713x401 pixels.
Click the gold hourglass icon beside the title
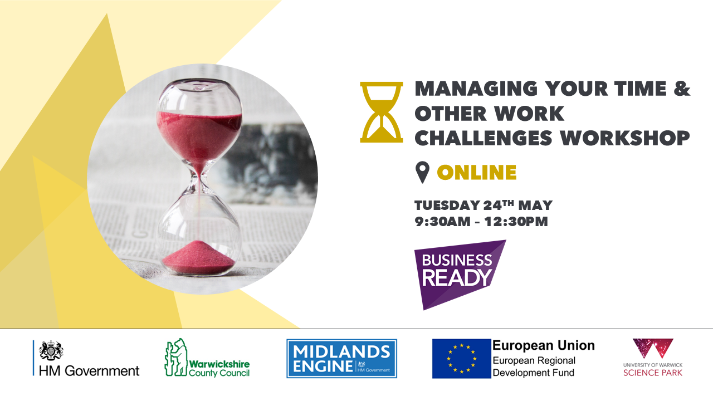point(382,112)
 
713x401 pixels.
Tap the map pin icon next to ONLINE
point(422,172)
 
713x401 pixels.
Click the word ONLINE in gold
point(476,173)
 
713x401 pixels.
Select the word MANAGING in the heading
point(476,89)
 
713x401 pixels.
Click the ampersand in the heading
point(681,88)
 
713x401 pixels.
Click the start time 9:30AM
point(442,222)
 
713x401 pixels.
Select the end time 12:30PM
point(516,222)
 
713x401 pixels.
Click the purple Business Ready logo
point(460,275)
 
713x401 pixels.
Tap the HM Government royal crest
point(51,350)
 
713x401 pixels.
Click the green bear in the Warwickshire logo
point(176,357)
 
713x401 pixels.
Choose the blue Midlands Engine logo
point(341,358)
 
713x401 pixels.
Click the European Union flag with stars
point(461,358)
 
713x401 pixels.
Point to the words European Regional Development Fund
point(534,366)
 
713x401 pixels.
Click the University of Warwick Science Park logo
point(653,358)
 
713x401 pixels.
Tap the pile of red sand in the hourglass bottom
point(199,257)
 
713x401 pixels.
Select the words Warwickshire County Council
point(219,368)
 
